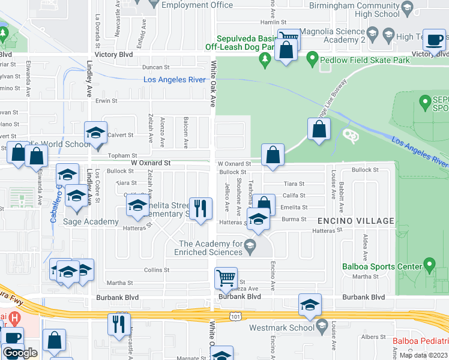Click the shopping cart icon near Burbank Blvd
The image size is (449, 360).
point(226,278)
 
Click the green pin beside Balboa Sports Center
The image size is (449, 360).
point(429,263)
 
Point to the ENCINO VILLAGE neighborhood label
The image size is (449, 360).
point(360,221)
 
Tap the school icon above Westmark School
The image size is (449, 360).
point(310,305)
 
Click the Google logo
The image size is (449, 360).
point(20,353)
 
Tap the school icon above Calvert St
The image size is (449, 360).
point(95,133)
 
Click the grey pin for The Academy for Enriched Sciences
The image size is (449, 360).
point(250,244)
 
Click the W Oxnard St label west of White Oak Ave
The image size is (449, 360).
point(151,163)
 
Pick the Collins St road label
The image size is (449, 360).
point(157,270)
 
